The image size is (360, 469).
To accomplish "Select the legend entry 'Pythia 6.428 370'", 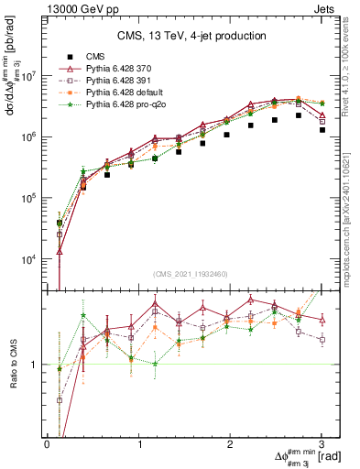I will (120, 69).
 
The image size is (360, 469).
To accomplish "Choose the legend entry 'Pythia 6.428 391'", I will (120, 82).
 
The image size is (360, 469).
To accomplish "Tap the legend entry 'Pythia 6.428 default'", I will (125, 93).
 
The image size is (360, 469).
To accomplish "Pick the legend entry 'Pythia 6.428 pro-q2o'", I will (126, 106).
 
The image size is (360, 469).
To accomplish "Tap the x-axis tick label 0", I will (48, 443).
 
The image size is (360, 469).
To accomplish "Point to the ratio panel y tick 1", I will (35, 365).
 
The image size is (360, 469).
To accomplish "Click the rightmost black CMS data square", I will (322, 130).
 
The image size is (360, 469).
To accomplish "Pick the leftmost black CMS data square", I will (60, 222).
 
